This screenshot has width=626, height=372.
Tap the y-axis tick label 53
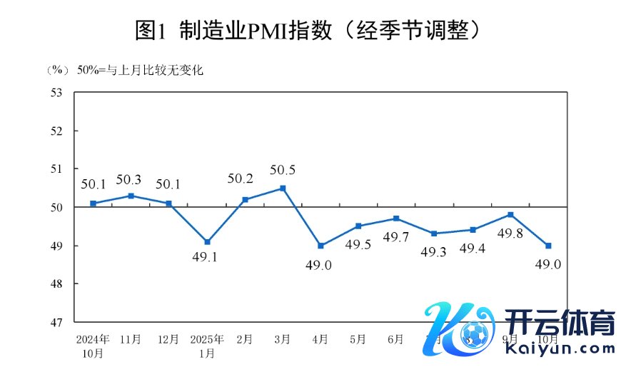pyautogui.click(x=58, y=93)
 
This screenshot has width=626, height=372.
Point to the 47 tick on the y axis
pyautogui.click(x=58, y=322)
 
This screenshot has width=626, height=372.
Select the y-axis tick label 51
pyautogui.click(x=58, y=169)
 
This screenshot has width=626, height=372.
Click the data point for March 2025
pyautogui.click(x=283, y=188)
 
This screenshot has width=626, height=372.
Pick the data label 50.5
pyautogui.click(x=283, y=170)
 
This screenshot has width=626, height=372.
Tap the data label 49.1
pyautogui.click(x=207, y=257)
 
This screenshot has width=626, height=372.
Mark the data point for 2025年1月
pyautogui.click(x=207, y=242)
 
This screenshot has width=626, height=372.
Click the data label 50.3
pyautogui.click(x=131, y=179)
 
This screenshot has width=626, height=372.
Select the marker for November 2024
pyautogui.click(x=131, y=195)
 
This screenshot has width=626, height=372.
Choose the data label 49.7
pyautogui.click(x=397, y=236)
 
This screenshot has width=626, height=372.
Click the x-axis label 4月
pyautogui.click(x=320, y=339)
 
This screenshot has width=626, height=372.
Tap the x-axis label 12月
pyautogui.click(x=169, y=339)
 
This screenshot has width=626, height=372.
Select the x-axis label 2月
pyautogui.click(x=245, y=339)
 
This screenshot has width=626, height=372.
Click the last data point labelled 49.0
pyautogui.click(x=548, y=246)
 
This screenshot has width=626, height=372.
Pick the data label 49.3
pyautogui.click(x=435, y=251)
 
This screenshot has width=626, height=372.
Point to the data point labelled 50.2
pyautogui.click(x=245, y=199)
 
